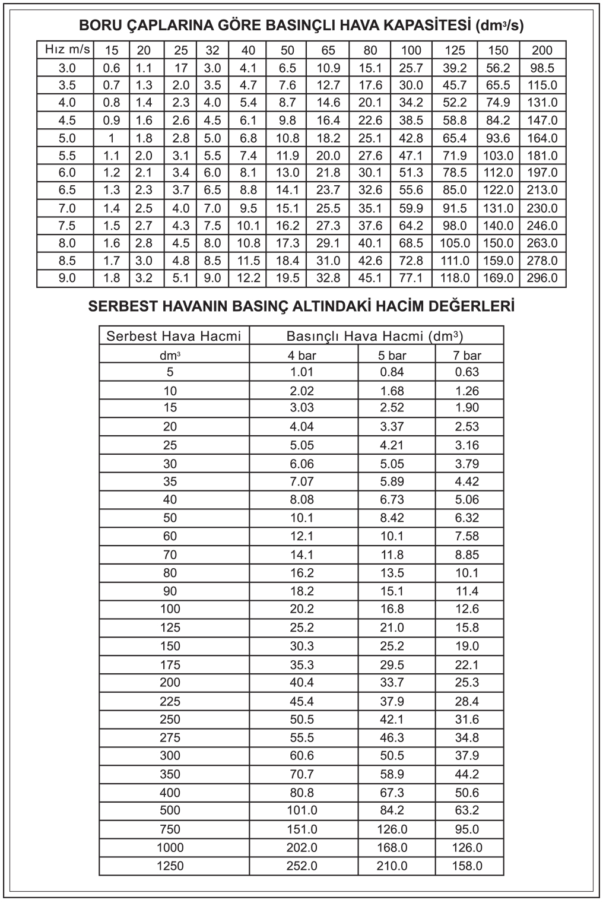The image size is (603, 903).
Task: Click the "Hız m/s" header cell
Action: (x=66, y=50)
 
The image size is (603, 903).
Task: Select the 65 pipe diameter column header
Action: (x=328, y=50)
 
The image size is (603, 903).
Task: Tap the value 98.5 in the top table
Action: (x=542, y=68)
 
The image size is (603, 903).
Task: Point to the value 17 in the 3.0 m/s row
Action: (x=180, y=68)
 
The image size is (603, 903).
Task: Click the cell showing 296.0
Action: (x=542, y=278)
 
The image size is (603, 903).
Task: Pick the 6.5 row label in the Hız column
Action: (x=67, y=190)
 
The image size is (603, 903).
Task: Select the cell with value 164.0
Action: (x=542, y=138)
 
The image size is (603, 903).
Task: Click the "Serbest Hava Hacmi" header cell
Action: (x=174, y=336)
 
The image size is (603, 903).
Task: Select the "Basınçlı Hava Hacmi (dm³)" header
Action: (x=375, y=336)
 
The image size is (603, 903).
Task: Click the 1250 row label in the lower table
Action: (x=170, y=866)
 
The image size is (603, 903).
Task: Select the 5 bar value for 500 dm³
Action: (x=392, y=810)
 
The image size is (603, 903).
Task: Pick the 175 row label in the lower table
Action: (x=170, y=664)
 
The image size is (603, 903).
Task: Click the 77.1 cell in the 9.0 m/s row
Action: (x=411, y=278)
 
